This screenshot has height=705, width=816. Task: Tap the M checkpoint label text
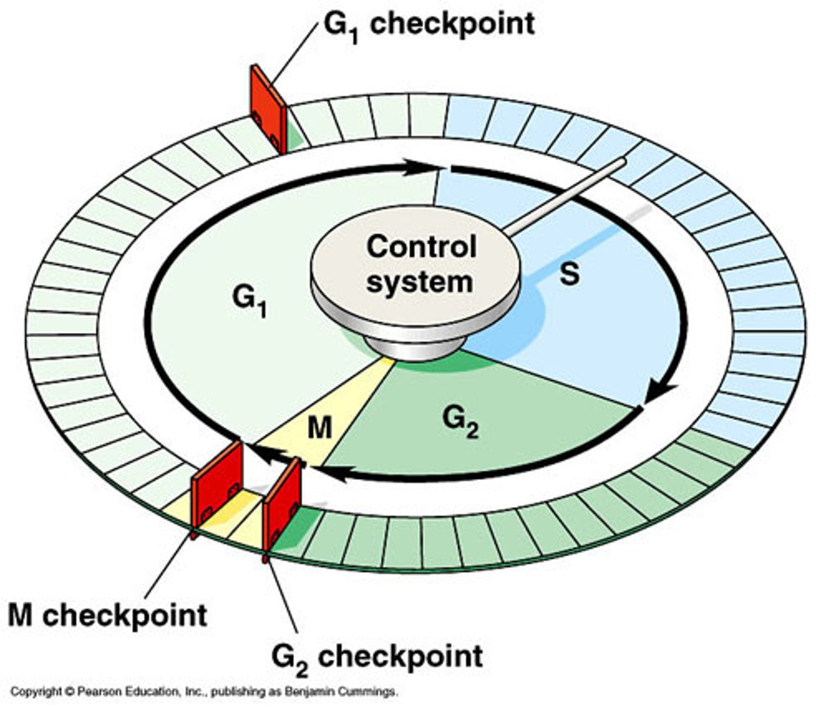point(108,615)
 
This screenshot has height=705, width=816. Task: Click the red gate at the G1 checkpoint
point(268,109)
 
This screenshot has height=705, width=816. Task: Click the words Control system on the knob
point(420,264)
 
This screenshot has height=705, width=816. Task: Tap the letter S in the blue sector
point(569,274)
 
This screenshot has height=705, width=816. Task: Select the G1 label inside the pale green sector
point(249,300)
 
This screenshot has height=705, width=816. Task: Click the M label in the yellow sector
point(320,428)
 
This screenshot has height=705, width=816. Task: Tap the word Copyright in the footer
point(36,692)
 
